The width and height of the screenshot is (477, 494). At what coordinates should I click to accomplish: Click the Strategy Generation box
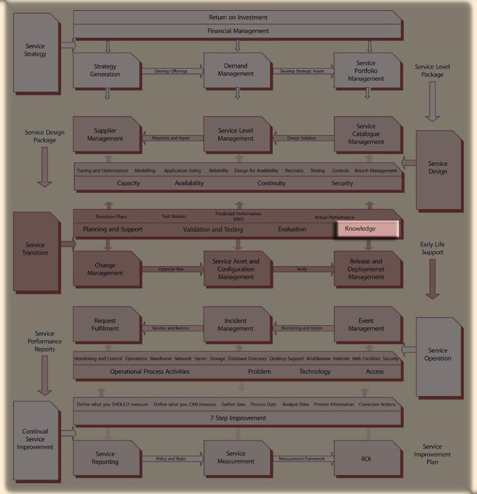[106, 71]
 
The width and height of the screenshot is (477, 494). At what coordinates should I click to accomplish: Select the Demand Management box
[235, 71]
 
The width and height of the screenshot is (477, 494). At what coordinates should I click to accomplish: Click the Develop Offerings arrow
[171, 72]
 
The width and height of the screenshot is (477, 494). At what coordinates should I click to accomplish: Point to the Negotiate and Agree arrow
[171, 138]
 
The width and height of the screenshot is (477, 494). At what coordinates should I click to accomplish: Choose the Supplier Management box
[106, 135]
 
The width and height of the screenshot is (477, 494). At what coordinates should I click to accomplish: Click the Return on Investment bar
[238, 17]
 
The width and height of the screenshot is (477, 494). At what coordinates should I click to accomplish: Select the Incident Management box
[235, 325]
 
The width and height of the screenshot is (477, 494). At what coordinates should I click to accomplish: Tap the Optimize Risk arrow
[171, 269]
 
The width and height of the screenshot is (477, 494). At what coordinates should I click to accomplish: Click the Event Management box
[366, 325]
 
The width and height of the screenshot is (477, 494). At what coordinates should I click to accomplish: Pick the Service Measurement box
[235, 457]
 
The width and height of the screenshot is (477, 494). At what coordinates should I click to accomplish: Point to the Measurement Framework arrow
[302, 459]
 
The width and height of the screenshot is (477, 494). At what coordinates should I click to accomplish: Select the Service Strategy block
[36, 50]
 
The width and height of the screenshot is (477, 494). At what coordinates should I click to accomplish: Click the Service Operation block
[438, 355]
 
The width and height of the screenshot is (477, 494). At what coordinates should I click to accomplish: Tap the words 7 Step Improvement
[238, 418]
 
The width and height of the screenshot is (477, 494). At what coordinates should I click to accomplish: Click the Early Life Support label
[433, 249]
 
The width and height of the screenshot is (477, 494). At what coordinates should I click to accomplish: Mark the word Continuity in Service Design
[272, 183]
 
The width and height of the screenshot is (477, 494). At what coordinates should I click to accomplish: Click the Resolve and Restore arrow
[171, 328]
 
